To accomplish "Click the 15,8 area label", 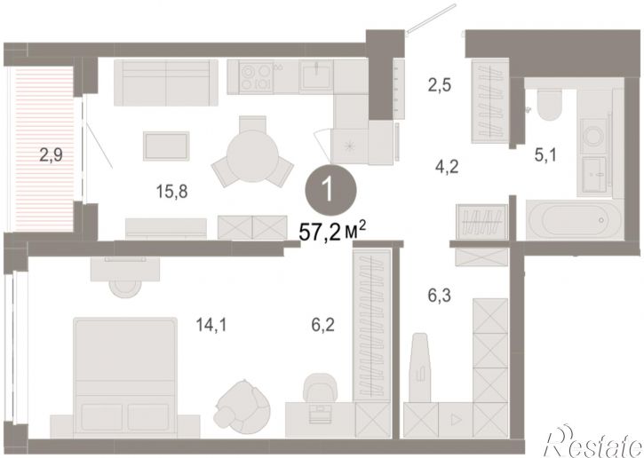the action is tap(171, 191).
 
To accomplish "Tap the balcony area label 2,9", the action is tap(51, 155).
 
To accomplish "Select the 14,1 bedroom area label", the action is tap(211, 325).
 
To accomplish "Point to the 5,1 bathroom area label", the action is tap(545, 155).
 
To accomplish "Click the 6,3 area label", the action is tap(439, 295).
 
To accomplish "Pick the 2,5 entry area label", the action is tap(439, 86).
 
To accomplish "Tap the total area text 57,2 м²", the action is tap(332, 233).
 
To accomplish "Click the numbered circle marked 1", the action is tap(330, 191).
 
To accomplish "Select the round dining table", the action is tap(252, 156).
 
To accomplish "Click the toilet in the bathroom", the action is tap(549, 104).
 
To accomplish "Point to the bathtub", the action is tap(575, 219).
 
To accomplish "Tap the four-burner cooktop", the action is tap(256, 77).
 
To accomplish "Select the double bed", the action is tap(125, 377).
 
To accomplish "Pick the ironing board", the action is tap(420, 367).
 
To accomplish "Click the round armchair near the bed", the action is tap(242, 406).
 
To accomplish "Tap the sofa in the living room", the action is tap(166, 83).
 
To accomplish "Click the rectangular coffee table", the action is tap(166, 146).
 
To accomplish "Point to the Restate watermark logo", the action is tap(593, 442).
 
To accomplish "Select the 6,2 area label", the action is tap(322, 325).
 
